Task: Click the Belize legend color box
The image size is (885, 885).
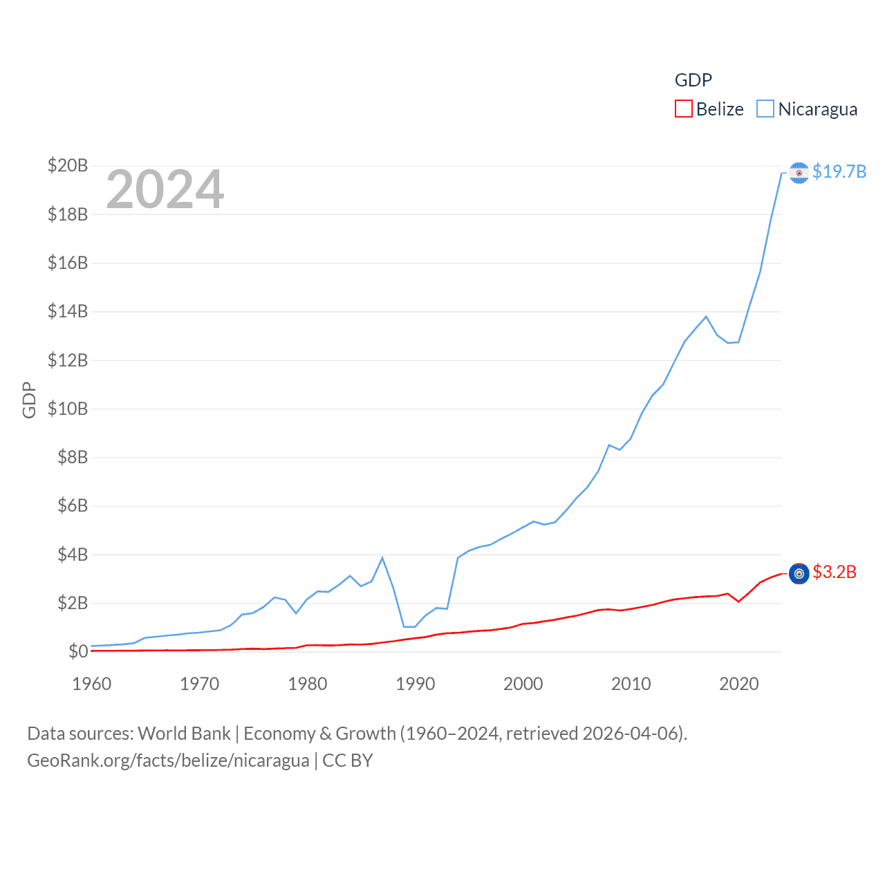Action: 683,109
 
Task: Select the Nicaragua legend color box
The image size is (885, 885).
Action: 765,109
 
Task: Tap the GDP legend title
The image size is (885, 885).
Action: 693,80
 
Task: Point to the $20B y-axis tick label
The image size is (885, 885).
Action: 68,165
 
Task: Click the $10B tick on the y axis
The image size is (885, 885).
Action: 68,409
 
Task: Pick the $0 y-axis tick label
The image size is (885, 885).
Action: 78,651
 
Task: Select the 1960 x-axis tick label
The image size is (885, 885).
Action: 92,684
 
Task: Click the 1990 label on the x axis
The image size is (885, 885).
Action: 416,684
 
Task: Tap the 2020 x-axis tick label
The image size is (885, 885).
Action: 739,684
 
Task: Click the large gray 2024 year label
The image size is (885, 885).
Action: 165,189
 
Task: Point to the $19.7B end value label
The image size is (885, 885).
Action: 839,171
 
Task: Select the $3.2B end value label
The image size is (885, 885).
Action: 835,572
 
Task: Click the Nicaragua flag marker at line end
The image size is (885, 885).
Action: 799,173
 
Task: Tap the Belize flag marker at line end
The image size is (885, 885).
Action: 799,573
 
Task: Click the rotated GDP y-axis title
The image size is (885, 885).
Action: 29,400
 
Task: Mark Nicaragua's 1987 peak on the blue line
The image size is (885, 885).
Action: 382,558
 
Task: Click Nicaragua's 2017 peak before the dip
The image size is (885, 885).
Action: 706,317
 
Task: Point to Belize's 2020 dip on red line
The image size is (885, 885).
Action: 738,602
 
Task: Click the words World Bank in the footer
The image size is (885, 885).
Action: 184,733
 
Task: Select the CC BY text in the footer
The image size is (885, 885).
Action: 348,761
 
